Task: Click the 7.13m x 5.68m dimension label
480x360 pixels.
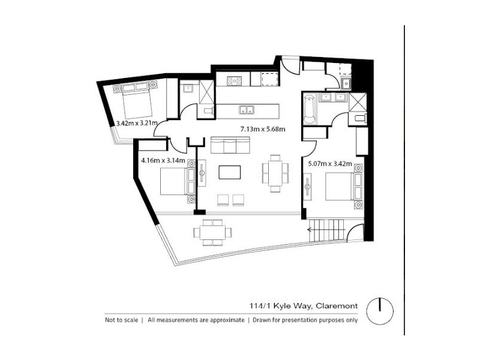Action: [262, 129]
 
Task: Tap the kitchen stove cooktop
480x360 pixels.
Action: [233, 79]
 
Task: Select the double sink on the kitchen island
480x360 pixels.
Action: [245, 110]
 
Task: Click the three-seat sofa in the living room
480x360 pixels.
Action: [230, 145]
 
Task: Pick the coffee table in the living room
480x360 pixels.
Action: [230, 173]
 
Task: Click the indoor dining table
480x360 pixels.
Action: [274, 173]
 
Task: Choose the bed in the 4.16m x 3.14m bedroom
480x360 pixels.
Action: [175, 181]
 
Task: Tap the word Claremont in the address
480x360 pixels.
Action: [338, 307]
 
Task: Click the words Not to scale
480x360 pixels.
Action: [121, 320]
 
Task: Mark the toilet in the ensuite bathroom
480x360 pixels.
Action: [359, 118]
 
